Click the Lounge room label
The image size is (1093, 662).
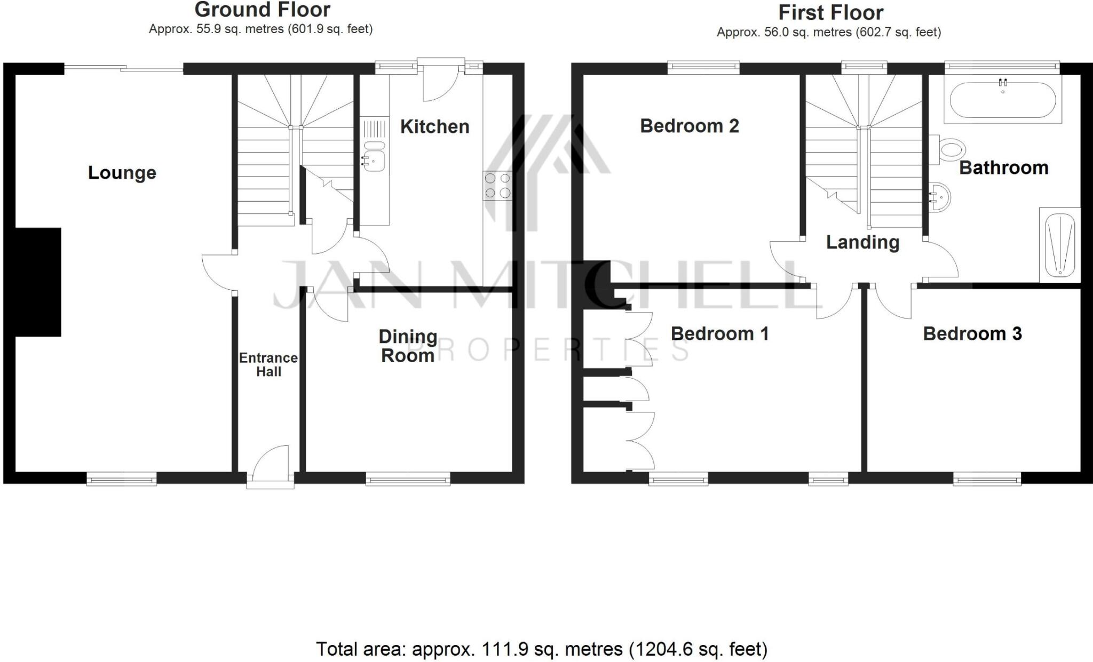[x=122, y=173]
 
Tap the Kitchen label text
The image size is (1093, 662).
[x=434, y=127]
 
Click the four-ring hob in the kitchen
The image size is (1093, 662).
[x=497, y=186]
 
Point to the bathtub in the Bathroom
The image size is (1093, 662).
[x=1002, y=100]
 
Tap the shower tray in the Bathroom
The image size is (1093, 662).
[x=1059, y=245]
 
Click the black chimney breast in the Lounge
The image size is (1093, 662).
[x=38, y=282]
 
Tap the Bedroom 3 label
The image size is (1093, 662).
[x=972, y=334]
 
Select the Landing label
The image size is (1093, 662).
[x=862, y=243]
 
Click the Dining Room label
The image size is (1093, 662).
[x=407, y=346]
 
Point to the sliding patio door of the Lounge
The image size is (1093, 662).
[x=124, y=68]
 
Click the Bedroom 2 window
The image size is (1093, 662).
[x=703, y=67]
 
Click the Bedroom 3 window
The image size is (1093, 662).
[x=987, y=481]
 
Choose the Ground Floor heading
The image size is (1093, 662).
[x=262, y=10]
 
